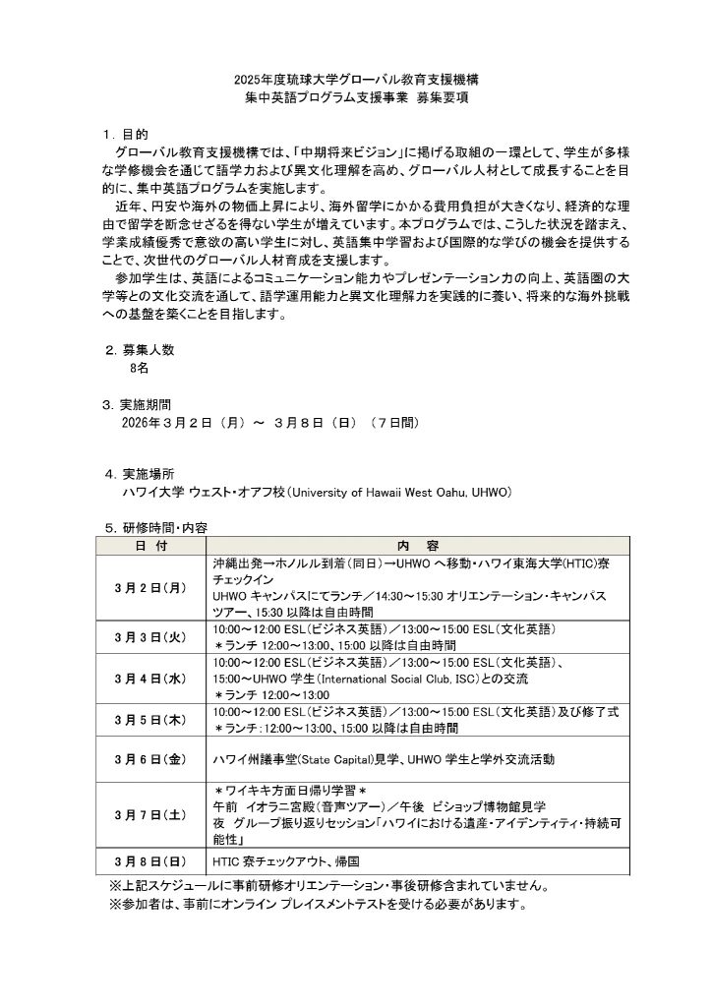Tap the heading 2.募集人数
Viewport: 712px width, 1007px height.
click(141, 349)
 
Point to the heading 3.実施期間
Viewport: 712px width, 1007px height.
click(141, 404)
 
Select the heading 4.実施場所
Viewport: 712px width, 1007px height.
click(141, 473)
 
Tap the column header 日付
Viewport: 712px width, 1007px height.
click(152, 545)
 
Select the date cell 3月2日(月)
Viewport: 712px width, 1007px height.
click(152, 587)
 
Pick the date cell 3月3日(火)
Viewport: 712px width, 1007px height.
click(152, 636)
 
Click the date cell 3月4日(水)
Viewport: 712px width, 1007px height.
click(152, 679)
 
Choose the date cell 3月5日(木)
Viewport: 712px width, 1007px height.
click(152, 720)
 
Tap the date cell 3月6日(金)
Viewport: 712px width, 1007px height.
click(152, 759)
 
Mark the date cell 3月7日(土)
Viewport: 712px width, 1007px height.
click(152, 814)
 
